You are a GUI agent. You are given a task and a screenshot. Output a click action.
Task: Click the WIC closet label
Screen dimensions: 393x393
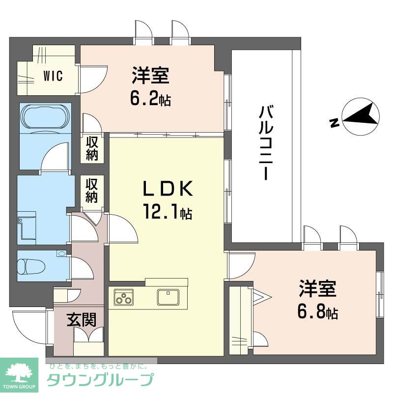tap(53, 77)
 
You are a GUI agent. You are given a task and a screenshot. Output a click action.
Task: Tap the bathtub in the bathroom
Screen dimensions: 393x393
tap(45, 116)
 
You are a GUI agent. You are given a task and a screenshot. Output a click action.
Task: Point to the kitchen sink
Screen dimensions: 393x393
tap(168, 297)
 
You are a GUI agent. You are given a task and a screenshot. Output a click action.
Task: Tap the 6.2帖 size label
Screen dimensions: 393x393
tap(150, 99)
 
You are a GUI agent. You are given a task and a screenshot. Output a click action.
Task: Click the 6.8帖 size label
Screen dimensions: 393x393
tap(318, 312)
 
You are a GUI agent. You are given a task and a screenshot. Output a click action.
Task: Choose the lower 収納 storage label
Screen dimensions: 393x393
tap(92, 191)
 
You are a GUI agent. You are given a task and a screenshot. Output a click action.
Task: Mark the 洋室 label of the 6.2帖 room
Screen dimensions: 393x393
tap(150, 77)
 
